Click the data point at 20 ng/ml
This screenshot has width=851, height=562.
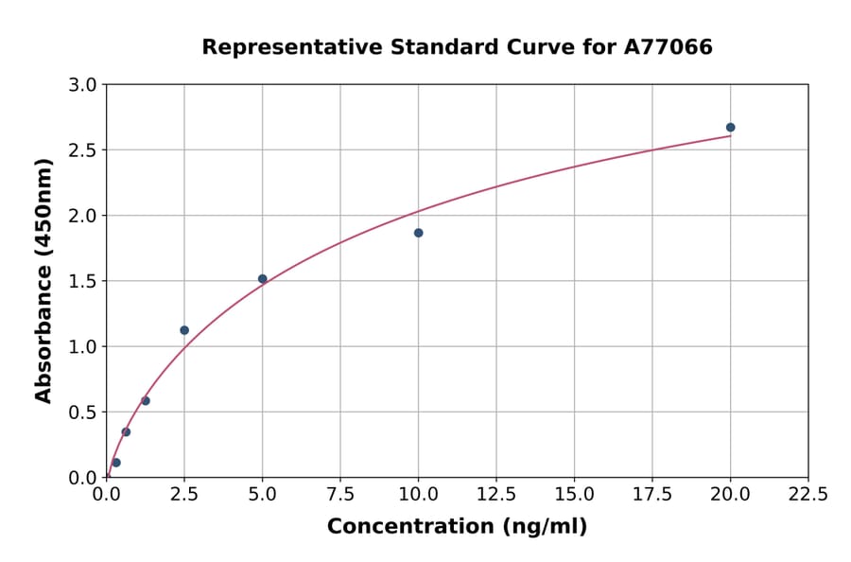click(730, 128)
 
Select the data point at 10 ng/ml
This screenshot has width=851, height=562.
click(418, 233)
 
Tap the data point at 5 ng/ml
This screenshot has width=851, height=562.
click(263, 279)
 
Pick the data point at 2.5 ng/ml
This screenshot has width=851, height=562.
click(184, 330)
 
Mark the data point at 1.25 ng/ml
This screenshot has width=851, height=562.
click(146, 401)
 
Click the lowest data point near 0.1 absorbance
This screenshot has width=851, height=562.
click(116, 463)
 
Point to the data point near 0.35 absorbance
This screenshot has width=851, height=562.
click(126, 432)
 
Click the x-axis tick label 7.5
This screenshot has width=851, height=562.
click(340, 495)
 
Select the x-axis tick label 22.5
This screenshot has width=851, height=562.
click(808, 495)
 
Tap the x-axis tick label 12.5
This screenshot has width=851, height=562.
click(496, 495)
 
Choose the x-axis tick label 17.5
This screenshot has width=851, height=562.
click(652, 495)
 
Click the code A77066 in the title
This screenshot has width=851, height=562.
click(669, 47)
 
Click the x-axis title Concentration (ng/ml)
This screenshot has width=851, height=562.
click(457, 527)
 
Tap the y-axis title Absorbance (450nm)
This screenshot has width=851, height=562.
click(43, 281)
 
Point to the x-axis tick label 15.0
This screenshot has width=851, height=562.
click(574, 495)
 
